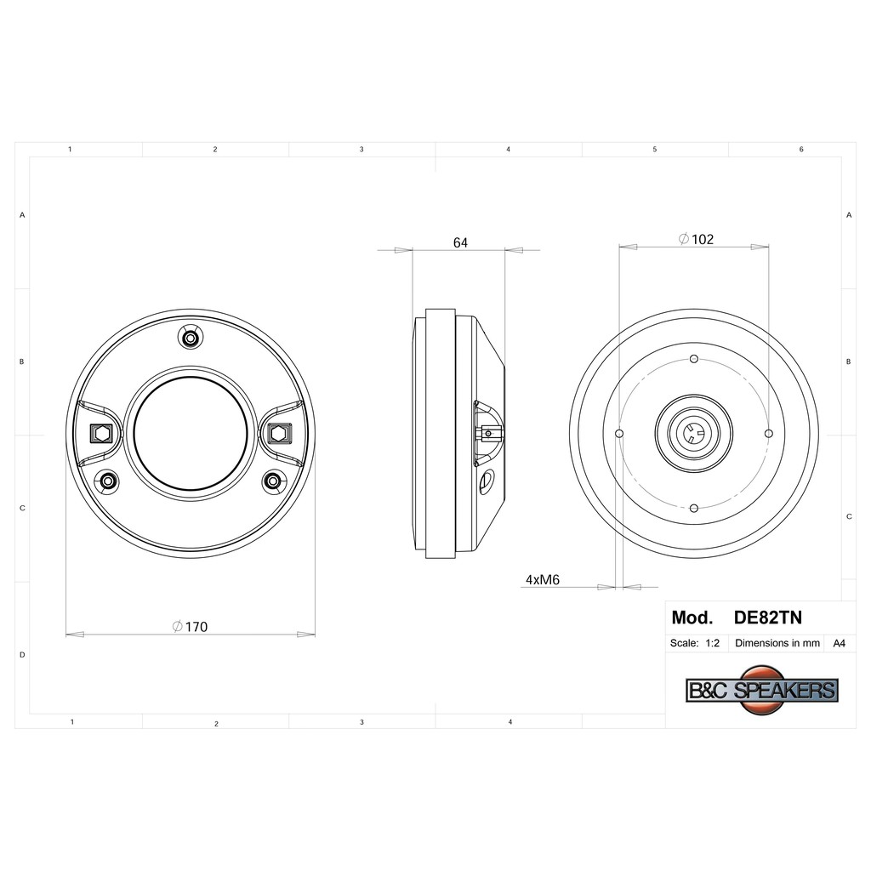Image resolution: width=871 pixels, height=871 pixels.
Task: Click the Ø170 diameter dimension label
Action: pyautogui.click(x=190, y=627)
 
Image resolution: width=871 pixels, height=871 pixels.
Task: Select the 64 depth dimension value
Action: pyautogui.click(x=460, y=242)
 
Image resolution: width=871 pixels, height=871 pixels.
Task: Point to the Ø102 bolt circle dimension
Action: pyautogui.click(x=696, y=239)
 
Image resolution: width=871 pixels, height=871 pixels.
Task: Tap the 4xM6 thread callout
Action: pyautogui.click(x=543, y=579)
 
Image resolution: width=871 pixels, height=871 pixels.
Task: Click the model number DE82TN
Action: pyautogui.click(x=768, y=618)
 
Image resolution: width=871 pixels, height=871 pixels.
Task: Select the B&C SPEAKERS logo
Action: pyautogui.click(x=762, y=689)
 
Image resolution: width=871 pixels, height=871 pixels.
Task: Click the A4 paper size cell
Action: pyautogui.click(x=839, y=643)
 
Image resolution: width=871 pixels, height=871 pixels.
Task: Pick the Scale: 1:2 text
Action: pyautogui.click(x=694, y=643)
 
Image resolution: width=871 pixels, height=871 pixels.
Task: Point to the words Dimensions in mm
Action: pyautogui.click(x=777, y=643)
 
